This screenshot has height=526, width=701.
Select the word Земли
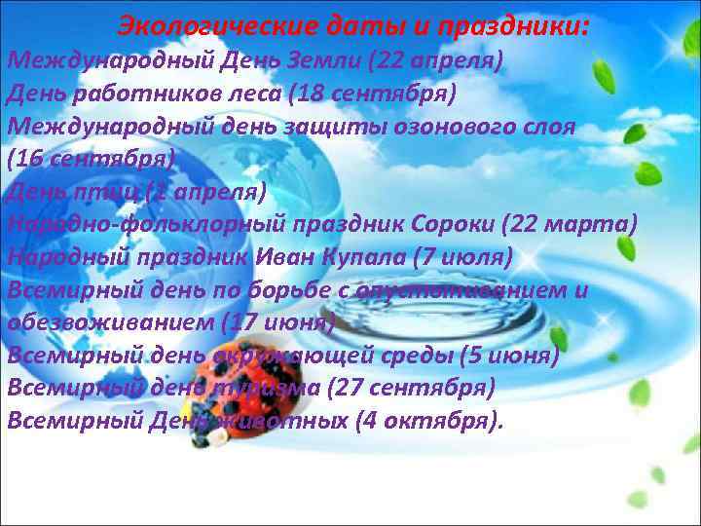[x=323, y=61]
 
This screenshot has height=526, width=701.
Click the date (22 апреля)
[x=435, y=61]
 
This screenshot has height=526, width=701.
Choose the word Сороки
[x=447, y=224]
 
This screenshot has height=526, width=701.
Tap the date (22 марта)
[x=571, y=224]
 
